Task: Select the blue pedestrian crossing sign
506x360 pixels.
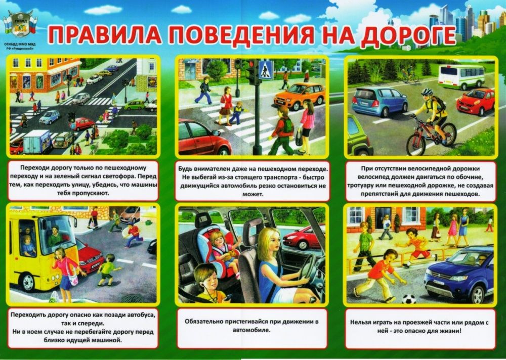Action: (266, 70)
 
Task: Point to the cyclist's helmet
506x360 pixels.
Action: (428, 93)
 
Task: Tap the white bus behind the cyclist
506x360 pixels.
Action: (461, 76)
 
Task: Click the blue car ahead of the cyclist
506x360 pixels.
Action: (379, 102)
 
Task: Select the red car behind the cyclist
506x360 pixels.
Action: (475, 101)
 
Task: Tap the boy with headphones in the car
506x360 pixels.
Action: (207, 284)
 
